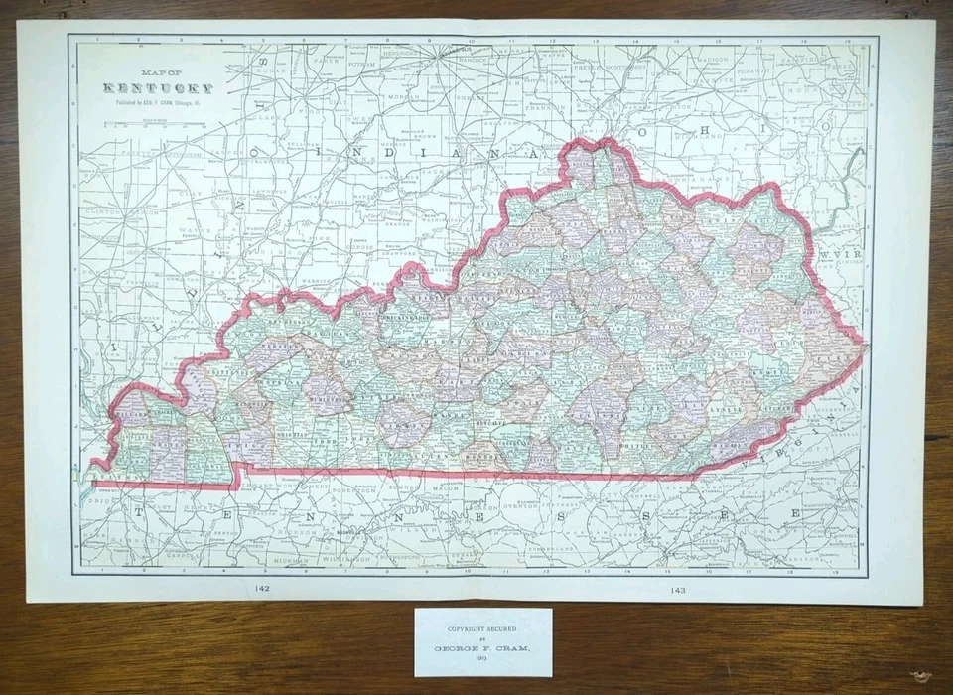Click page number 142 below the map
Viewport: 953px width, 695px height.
(263, 589)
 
